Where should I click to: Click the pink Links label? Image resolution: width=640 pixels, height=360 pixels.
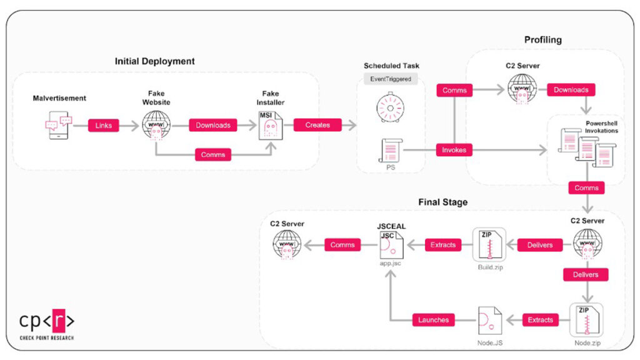[x=103, y=125]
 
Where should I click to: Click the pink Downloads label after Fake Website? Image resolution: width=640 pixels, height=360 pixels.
[x=213, y=125]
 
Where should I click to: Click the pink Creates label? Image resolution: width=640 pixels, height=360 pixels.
[x=317, y=125]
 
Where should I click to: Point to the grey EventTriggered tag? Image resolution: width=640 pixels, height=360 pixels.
[x=390, y=79]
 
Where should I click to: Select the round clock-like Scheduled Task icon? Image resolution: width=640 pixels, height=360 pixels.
[x=391, y=107]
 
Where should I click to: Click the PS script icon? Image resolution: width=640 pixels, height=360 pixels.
[x=391, y=151]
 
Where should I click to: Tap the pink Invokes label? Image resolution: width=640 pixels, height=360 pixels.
[x=454, y=150]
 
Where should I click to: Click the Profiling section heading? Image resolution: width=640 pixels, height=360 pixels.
[x=542, y=40]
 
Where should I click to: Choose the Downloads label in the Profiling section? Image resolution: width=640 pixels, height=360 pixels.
[x=571, y=90]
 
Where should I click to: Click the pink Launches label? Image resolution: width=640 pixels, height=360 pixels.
[x=434, y=320]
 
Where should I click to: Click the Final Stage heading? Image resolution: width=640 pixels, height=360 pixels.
[x=442, y=202]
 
